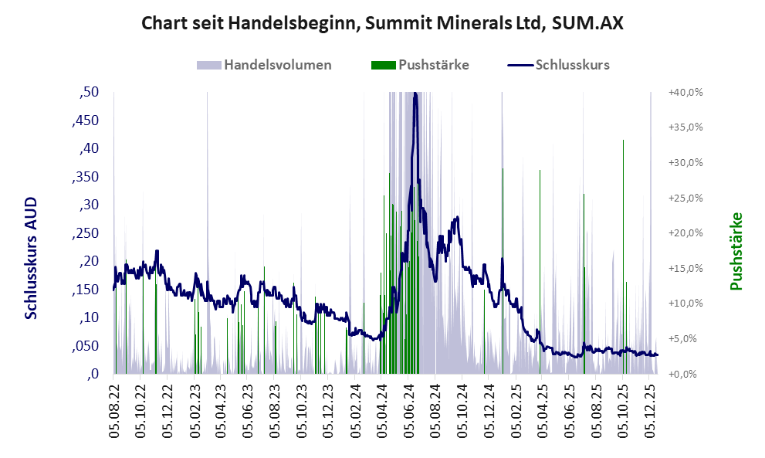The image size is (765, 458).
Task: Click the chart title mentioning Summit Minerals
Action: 382,24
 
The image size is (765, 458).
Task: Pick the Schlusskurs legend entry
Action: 559,65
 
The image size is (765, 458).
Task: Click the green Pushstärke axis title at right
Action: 735,252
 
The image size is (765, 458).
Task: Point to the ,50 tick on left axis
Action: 89,93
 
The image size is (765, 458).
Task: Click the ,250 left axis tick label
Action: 85,233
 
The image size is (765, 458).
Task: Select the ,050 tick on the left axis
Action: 85,346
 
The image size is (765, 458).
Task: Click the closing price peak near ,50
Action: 415,94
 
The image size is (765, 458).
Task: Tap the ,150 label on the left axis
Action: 85,290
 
